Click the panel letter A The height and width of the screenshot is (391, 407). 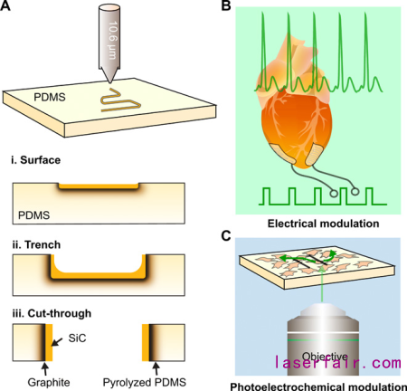pos(5,5)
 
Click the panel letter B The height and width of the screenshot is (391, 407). pos(226,5)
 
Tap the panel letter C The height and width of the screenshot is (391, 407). pos(226,235)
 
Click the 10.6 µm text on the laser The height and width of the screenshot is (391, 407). pos(112,40)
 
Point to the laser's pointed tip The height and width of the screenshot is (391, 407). pos(109,82)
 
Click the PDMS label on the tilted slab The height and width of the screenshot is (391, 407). pos(50,97)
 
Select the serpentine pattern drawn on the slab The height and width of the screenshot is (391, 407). pos(120,100)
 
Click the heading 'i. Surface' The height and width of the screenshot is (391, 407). pos(36,160)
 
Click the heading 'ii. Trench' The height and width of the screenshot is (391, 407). pos(36,244)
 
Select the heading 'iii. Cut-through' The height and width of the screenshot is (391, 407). pos(52,313)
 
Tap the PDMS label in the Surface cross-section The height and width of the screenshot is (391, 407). pos(33,215)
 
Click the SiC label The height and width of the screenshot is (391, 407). pos(77,339)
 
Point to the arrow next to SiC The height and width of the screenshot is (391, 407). pos(57,342)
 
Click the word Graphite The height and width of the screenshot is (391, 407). pos(49,382)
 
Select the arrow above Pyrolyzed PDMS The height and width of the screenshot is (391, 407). pos(156,368)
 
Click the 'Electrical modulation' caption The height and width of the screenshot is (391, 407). pos(323,224)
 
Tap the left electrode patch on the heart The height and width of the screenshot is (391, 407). pos(282,154)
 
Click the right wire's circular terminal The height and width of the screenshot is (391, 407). pos(355,191)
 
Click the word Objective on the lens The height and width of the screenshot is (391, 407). pos(325,357)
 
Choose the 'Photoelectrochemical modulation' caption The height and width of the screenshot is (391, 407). pos(318,386)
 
